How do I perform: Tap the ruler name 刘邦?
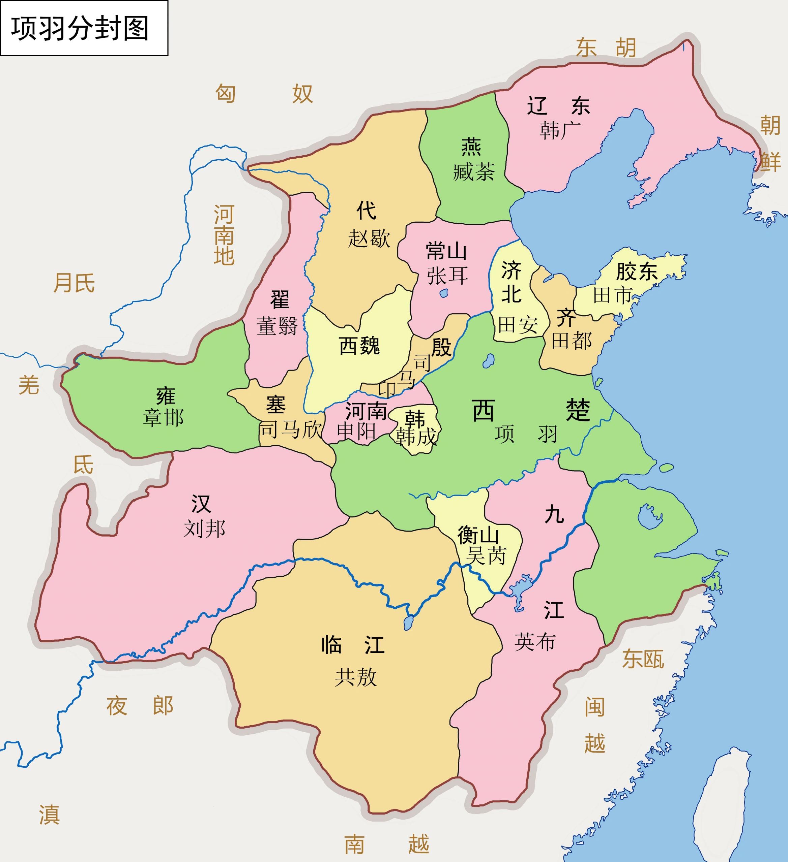pyautogui.click(x=204, y=529)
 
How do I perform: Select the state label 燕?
pyautogui.click(x=471, y=147)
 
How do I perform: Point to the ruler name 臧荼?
pyautogui.click(x=474, y=172)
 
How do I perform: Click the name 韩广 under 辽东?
pyautogui.click(x=560, y=130)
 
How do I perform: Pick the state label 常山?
pyautogui.click(x=446, y=251)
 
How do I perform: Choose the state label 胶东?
pyautogui.click(x=637, y=272)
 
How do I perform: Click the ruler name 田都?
pyautogui.click(x=572, y=341)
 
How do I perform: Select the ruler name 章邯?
pyautogui.click(x=164, y=418)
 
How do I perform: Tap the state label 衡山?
pyautogui.click(x=478, y=535)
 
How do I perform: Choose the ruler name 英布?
pyautogui.click(x=535, y=641)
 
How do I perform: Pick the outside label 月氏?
pyautogui.click(x=74, y=283)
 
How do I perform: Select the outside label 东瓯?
pyautogui.click(x=643, y=659)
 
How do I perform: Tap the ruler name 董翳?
pyautogui.click(x=278, y=326)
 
